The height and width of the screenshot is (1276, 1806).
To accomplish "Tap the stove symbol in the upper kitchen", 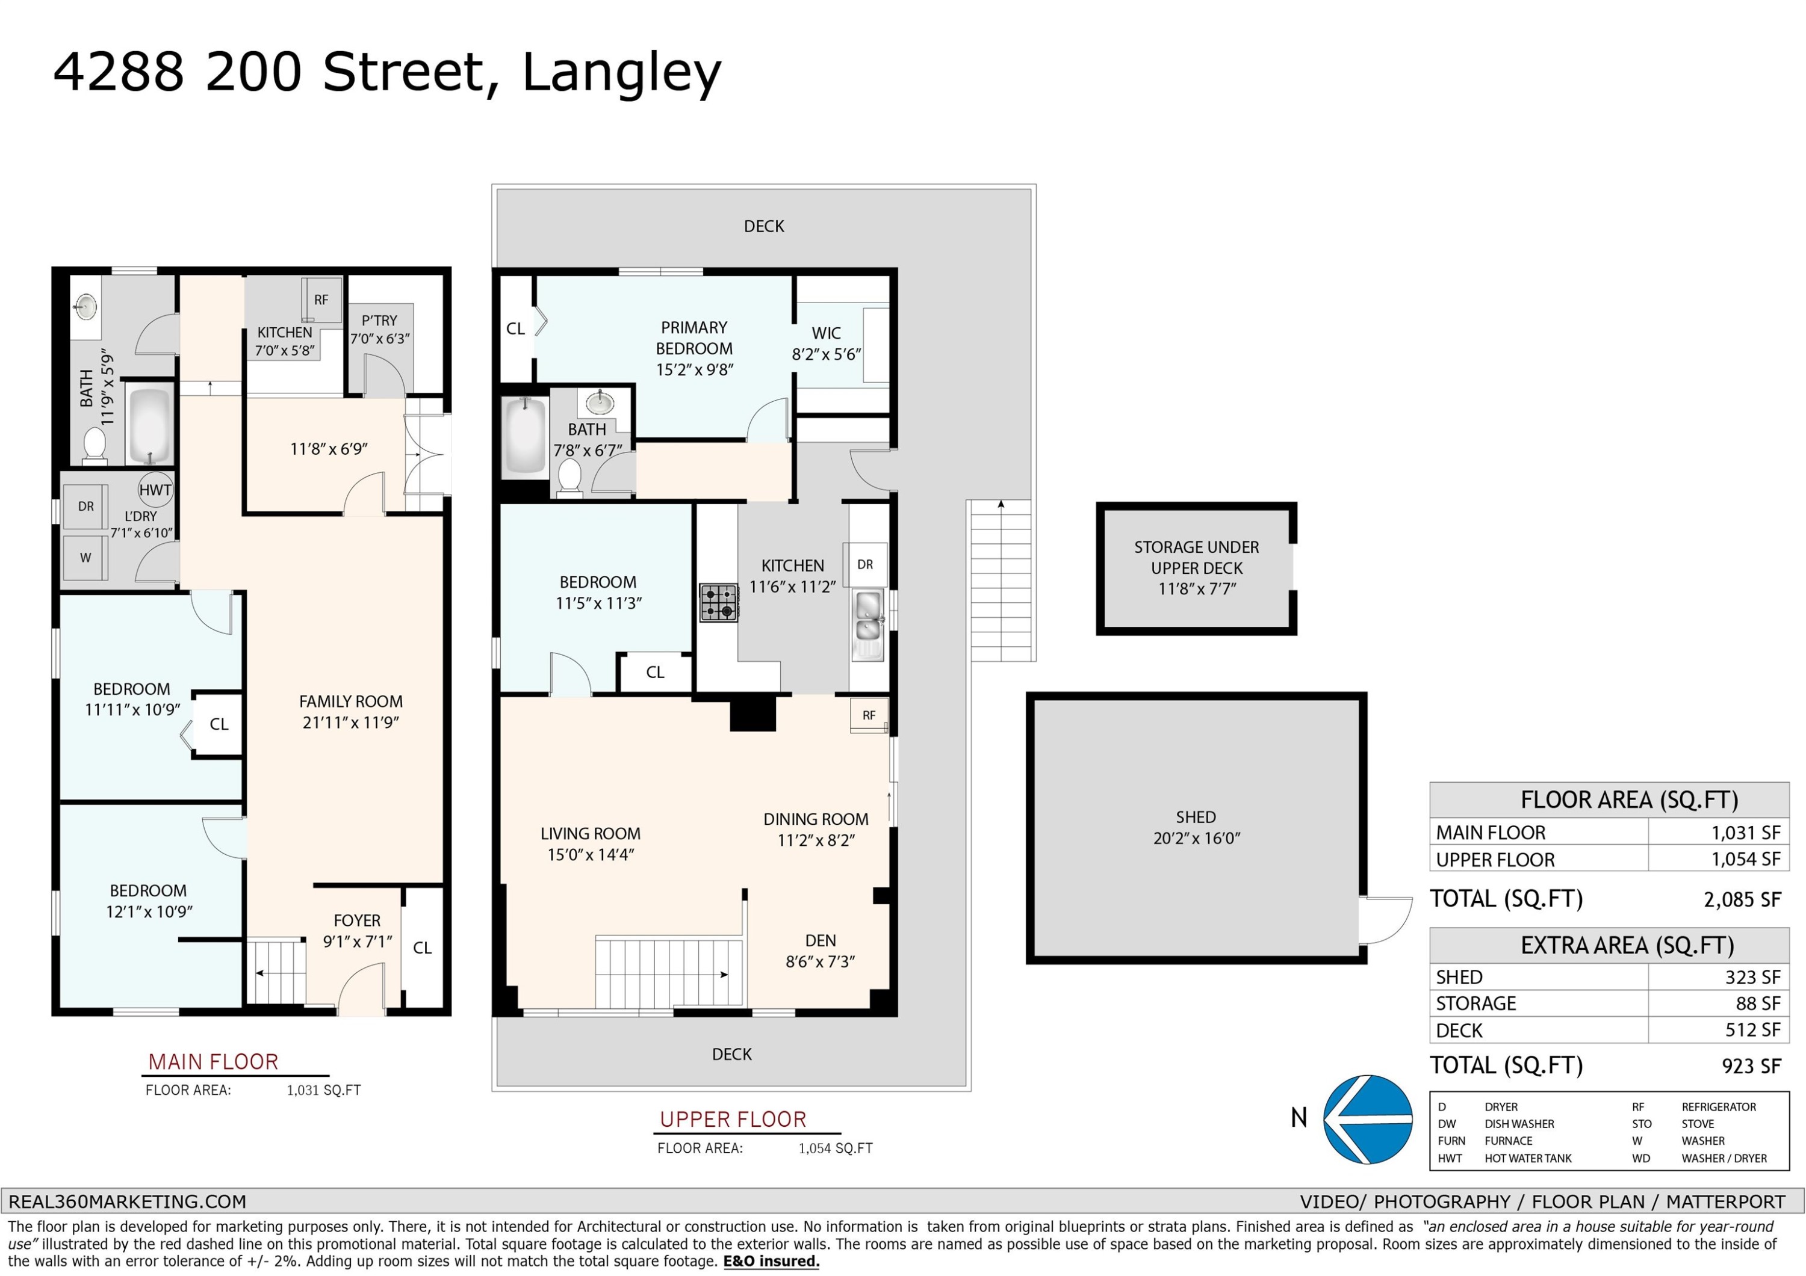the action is [719, 603].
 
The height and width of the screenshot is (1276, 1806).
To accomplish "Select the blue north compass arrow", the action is [1368, 1119].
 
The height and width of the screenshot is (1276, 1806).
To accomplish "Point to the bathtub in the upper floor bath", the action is [525, 437].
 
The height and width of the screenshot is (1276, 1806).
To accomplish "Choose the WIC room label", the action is [826, 333].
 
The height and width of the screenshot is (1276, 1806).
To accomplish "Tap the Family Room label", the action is [351, 701].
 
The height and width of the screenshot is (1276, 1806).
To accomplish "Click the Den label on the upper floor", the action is [821, 940].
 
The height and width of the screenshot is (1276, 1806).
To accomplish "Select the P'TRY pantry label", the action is [379, 321].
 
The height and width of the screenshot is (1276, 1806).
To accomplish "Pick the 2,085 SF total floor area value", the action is [1742, 899].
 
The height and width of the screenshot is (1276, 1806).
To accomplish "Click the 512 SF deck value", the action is [1753, 1030].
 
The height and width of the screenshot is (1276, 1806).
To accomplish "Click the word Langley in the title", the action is [621, 72].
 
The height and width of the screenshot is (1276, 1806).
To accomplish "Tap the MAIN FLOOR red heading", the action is [213, 1062].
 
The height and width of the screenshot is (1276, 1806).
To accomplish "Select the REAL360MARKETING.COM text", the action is [128, 1201].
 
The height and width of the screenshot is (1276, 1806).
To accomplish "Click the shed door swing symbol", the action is [1386, 920].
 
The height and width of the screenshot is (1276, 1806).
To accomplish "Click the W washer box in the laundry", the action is [85, 558].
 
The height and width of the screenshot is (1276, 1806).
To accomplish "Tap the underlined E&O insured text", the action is [772, 1262].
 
